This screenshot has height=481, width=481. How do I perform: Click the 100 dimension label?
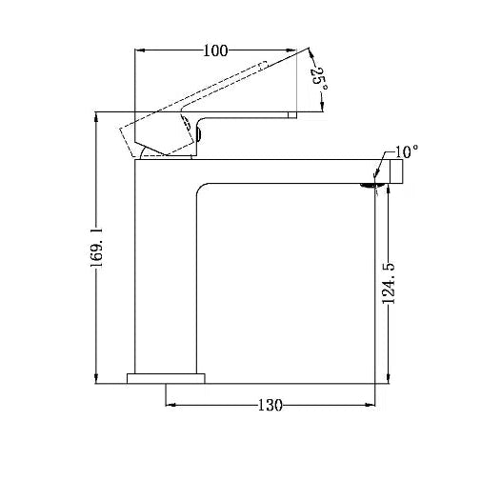point(215,50)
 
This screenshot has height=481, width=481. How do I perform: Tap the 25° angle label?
point(318,78)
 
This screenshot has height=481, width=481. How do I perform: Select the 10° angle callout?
point(407,151)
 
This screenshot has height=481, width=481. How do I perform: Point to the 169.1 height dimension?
point(96,248)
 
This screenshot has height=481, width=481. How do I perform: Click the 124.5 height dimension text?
point(388,283)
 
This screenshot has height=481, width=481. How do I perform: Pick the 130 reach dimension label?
point(270,405)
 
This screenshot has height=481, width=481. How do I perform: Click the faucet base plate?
point(166,378)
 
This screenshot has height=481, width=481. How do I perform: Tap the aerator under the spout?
point(368,186)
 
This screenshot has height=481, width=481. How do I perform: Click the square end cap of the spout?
point(396,171)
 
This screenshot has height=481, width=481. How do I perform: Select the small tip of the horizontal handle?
point(292,115)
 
